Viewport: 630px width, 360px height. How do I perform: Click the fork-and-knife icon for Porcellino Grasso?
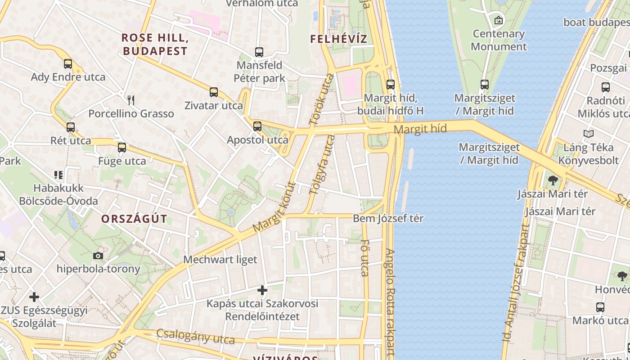pos(131,100)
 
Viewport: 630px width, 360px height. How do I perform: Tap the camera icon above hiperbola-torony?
pos(98,256)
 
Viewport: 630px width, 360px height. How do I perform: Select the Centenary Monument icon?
pos(498,20)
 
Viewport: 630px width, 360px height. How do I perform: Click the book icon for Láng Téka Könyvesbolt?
pos(588,134)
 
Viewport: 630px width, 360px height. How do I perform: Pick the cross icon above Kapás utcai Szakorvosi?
pos(262,290)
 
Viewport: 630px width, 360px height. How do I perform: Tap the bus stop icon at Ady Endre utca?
pos(68,64)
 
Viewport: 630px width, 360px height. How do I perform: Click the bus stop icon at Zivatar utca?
pos(214,92)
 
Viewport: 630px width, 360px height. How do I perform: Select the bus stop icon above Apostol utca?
pos(257,126)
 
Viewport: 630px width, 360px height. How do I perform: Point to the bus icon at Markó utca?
pos(600,307)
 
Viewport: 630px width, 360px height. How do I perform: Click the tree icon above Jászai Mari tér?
pos(553,180)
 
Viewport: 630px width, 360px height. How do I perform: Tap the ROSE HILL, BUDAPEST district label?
pos(155,44)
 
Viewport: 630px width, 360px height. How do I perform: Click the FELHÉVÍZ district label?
pos(338,39)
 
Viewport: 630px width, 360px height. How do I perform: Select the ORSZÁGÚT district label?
pos(134,219)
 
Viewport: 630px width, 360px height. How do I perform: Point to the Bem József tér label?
pos(388,219)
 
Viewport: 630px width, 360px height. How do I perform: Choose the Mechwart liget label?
pos(220,260)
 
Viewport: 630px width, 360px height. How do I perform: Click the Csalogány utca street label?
pos(196,336)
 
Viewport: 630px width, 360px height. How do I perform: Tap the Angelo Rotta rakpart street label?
pos(390,301)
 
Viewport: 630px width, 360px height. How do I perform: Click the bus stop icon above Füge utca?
pos(122,148)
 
